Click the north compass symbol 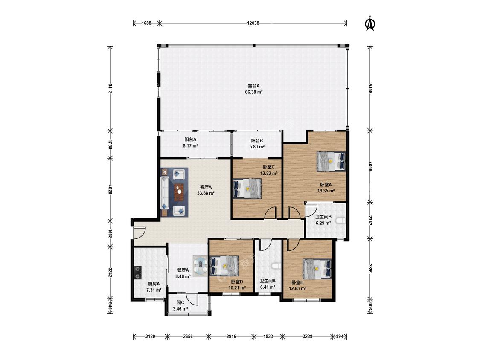370,23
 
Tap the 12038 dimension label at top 253,23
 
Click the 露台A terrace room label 254,86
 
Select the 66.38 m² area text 254,92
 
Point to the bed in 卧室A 331,161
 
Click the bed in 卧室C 247,189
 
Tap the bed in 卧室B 317,269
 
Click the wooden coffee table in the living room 179,192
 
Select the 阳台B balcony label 257,141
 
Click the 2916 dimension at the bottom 231,337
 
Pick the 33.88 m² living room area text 206,193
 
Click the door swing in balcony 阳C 192,299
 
